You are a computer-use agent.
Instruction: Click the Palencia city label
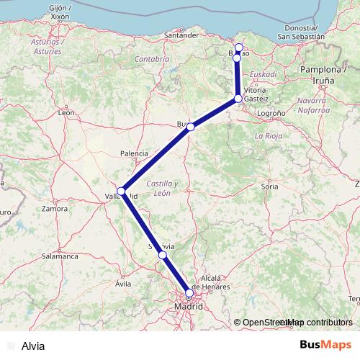[134, 153]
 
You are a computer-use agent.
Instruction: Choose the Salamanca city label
[60, 256]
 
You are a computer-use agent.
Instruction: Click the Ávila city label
[123, 284]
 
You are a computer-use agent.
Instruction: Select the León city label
[67, 113]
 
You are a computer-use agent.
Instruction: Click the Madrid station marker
[189, 293]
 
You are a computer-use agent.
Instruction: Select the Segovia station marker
[163, 255]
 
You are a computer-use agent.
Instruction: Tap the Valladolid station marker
[122, 192]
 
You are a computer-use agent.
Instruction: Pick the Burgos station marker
[191, 127]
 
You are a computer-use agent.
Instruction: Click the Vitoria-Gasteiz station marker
[238, 99]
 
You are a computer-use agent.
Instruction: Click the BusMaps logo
[324, 345]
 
